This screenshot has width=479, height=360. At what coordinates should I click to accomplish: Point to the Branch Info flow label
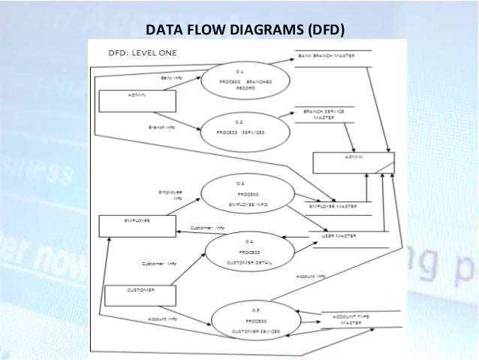pyautogui.click(x=162, y=127)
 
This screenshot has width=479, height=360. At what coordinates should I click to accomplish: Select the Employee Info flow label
pyautogui.click(x=170, y=195)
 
